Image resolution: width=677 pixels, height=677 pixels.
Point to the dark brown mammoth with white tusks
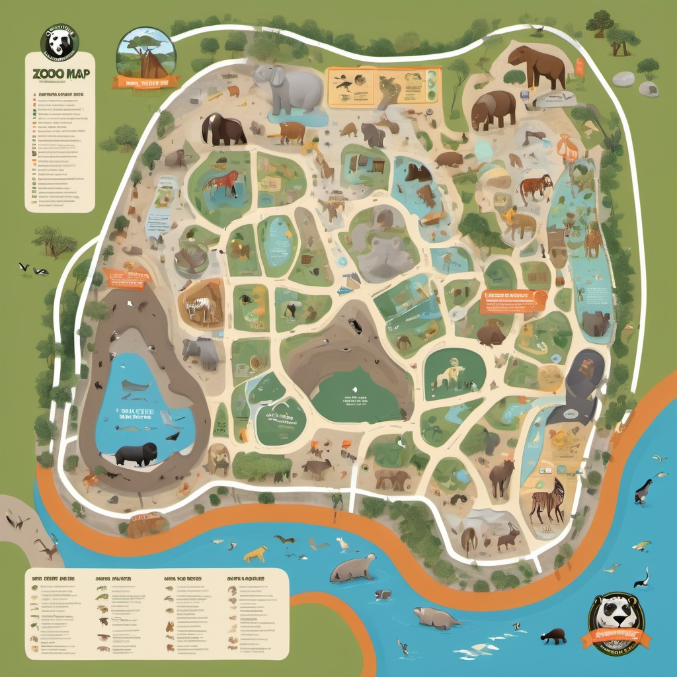[223, 129]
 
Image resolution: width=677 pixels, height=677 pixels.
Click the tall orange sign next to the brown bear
[579, 67]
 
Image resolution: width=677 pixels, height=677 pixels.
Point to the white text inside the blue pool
[136, 413]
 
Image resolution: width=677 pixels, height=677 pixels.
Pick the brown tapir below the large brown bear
[493, 109]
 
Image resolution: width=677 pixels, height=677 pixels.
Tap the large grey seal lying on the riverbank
[352, 568]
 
